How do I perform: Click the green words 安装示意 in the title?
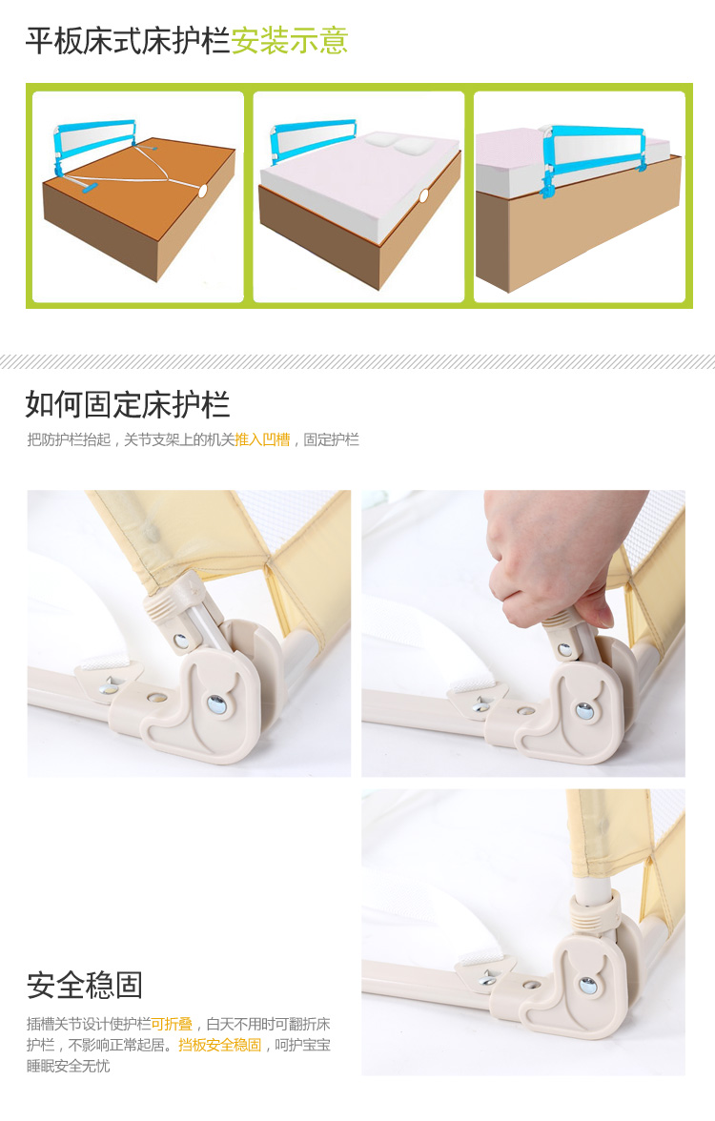point(289,41)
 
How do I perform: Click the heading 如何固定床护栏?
point(128,404)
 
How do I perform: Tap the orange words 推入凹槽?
point(262,439)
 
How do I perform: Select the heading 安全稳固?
point(84,986)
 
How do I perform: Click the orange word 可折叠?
point(172,1024)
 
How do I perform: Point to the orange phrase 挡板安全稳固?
point(219,1045)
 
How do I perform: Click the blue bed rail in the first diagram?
point(93,143)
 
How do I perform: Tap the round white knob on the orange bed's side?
point(202,191)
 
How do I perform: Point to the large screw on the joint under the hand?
point(584,710)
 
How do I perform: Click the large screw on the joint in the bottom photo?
point(588,986)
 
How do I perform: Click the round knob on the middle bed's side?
point(423,194)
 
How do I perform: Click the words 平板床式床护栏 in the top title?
point(128,41)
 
